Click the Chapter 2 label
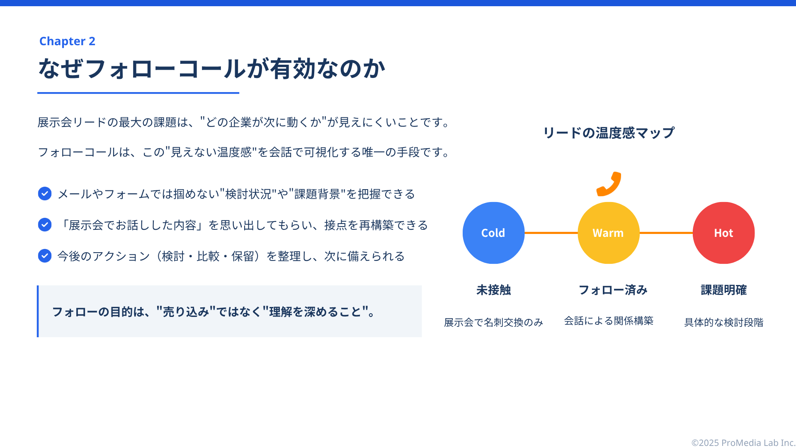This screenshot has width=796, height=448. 67,41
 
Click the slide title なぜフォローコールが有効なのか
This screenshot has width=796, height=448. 212,68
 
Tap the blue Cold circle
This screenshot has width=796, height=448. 493,233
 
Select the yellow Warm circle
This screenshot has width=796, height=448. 609,233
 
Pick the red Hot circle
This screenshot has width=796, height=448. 724,233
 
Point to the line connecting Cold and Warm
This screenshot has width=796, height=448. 551,233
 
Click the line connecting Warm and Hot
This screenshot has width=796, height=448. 666,233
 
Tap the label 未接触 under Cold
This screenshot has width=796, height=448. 493,290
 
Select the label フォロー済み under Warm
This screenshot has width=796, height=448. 613,290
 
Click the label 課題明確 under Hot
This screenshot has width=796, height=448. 724,290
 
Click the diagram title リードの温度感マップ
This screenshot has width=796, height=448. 609,133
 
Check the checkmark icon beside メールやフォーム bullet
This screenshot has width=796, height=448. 45,194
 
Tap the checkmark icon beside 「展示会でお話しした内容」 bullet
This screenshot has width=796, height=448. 45,225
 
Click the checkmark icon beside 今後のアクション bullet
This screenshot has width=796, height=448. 45,256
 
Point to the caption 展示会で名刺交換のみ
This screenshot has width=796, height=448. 493,322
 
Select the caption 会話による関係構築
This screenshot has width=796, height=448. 609,321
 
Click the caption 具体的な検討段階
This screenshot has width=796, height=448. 724,322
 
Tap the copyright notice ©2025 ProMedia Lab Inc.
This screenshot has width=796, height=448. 743,443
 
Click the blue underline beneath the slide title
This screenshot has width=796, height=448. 138,93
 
